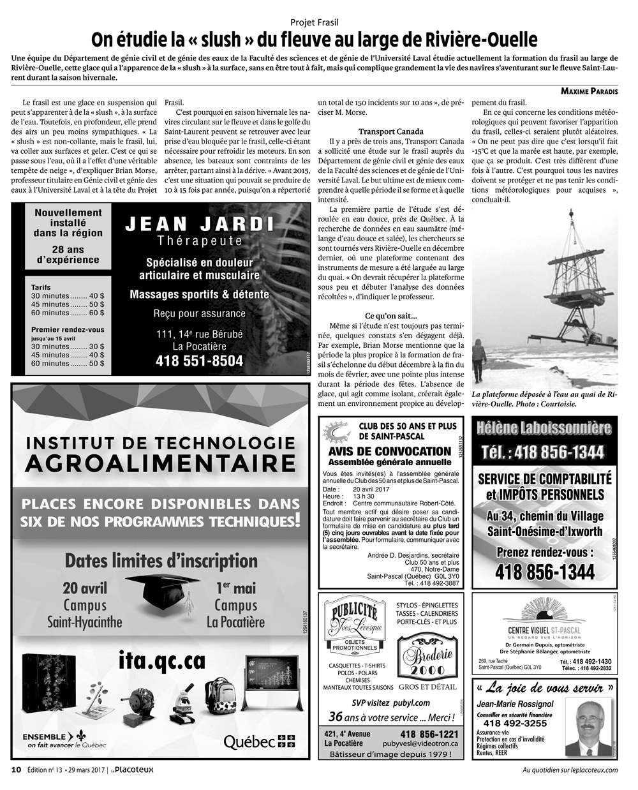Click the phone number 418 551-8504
coord(200,361)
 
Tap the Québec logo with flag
coord(259,741)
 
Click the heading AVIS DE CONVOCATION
coord(390,451)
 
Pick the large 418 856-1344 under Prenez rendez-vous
coord(545,572)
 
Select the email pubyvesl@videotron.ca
coord(420,743)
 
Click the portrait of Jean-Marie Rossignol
coord(591,726)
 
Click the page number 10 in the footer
coord(17,769)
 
